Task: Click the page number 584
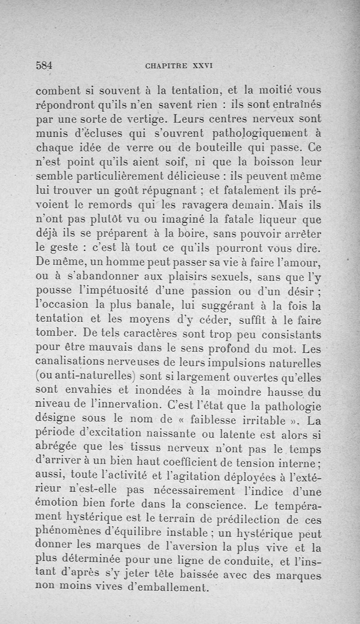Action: point(44,65)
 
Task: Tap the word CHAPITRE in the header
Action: point(166,66)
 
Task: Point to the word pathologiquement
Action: point(255,135)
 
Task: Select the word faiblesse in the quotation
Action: point(216,422)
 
